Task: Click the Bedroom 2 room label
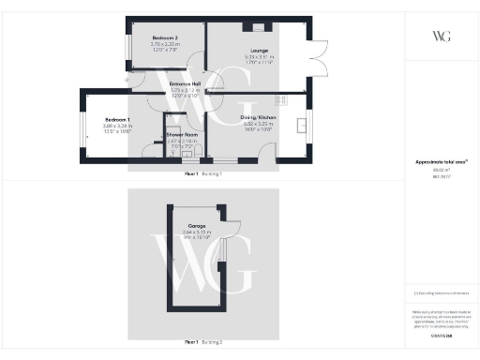[x=164, y=38]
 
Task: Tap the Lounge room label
[x=260, y=51]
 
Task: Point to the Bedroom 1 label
[x=117, y=120]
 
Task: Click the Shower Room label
[x=180, y=135]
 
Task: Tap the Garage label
[x=197, y=226]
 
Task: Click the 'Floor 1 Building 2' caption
[x=202, y=341]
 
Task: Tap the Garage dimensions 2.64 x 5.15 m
[x=197, y=232]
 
